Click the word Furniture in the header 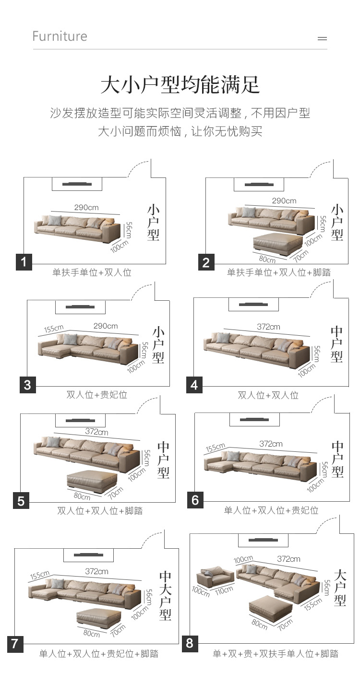pyautogui.click(x=60, y=36)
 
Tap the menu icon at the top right pyautogui.click(x=322, y=38)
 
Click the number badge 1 pyautogui.click(x=24, y=262)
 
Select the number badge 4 pyautogui.click(x=194, y=385)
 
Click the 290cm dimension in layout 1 pyautogui.click(x=86, y=208)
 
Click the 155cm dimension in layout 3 pyautogui.click(x=54, y=329)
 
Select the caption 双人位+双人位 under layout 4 pyautogui.click(x=268, y=395)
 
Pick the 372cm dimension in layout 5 pyautogui.click(x=96, y=432)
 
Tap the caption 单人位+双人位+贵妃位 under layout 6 pyautogui.click(x=271, y=510)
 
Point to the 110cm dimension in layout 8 pyautogui.click(x=224, y=590)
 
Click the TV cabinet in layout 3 pyautogui.click(x=80, y=307)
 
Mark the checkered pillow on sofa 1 pyautogui.click(x=55, y=220)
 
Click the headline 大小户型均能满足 pyautogui.click(x=180, y=84)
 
